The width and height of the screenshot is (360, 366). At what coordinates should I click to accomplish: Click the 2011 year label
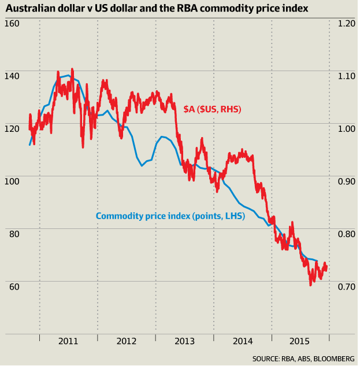pyautogui.click(x=68, y=341)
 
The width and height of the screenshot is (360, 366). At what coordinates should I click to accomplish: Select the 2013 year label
pyautogui.click(x=184, y=341)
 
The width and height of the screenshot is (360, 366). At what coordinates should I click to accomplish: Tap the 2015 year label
pyautogui.click(x=300, y=341)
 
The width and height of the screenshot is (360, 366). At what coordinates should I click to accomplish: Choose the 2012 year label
pyautogui.click(x=126, y=341)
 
